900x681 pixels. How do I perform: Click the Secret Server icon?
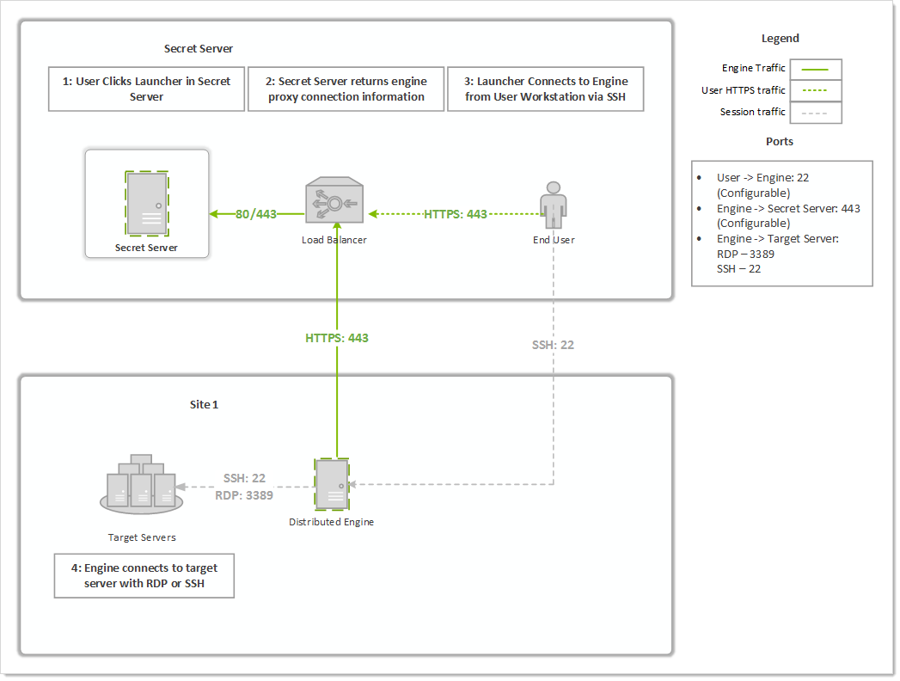click(x=147, y=203)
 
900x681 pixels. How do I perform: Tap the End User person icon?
click(x=554, y=206)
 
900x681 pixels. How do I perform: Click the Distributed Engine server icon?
click(x=332, y=485)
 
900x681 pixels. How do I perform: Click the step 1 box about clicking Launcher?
click(x=147, y=89)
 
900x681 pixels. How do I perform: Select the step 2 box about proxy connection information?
click(x=346, y=89)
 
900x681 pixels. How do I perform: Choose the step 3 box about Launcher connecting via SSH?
click(x=545, y=89)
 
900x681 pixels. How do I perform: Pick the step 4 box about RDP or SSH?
click(x=144, y=576)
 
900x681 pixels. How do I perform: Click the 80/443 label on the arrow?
click(x=256, y=214)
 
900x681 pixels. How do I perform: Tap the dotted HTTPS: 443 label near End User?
click(x=456, y=214)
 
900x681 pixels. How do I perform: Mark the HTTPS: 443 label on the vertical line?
click(x=337, y=338)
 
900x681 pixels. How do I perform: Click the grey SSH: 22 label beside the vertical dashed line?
click(x=553, y=345)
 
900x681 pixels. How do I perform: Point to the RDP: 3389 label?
click(x=244, y=495)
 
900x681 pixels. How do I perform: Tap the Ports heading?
click(x=779, y=141)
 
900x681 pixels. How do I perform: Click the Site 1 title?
click(x=204, y=404)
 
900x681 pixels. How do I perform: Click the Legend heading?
click(x=780, y=39)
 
